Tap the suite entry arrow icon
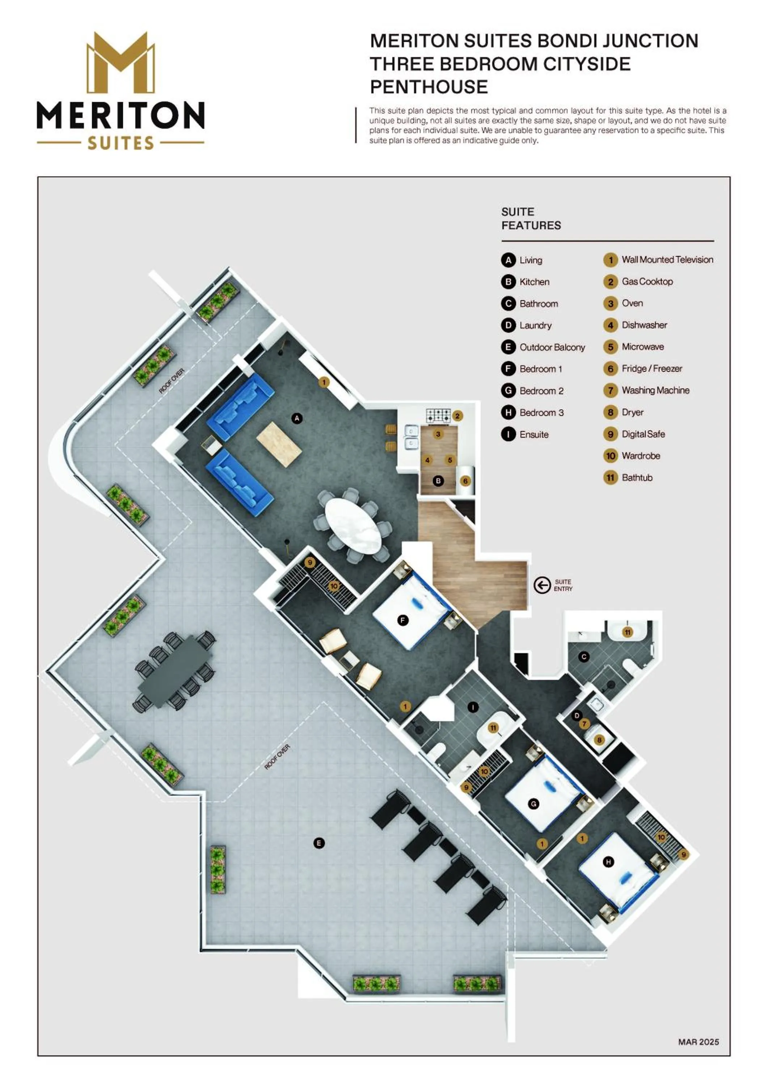(542, 585)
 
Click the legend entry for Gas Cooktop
(638, 282)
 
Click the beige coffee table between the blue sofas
(279, 444)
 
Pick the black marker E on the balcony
(319, 843)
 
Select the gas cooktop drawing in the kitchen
(438, 416)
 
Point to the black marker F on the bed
(403, 620)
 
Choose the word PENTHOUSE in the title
(429, 87)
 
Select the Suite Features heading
(531, 218)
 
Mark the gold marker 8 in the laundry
(600, 740)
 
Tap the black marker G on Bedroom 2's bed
(534, 804)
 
